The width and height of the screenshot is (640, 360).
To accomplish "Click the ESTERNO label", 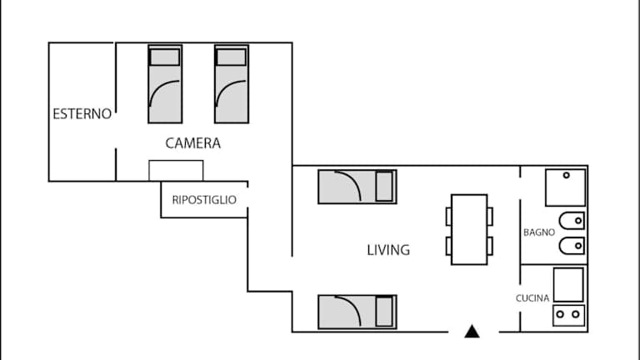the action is point(82,114).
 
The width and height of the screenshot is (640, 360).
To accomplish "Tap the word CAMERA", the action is point(193,143).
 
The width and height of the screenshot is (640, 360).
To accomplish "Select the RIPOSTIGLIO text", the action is point(204,200).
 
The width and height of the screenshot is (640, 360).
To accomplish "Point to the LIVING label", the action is point(388,250).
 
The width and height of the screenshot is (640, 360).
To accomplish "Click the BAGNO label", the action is point(539,232).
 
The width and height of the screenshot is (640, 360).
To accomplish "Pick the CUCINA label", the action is point(532,298).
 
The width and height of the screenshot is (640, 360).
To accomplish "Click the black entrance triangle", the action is point(472,332).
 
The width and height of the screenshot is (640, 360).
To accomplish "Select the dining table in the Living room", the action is point(469,229).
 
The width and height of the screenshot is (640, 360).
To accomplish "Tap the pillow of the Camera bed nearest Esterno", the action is point(165,57).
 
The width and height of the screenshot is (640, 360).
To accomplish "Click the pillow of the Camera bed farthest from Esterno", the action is point(232,57).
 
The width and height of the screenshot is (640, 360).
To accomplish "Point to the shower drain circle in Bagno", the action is point(566,175).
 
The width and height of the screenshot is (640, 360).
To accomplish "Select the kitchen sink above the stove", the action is point(568,284).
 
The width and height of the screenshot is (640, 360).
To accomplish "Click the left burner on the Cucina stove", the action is point(560,314).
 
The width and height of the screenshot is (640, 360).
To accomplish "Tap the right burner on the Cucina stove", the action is point(576,314).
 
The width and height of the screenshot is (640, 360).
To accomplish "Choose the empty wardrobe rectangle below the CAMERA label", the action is point(176,170).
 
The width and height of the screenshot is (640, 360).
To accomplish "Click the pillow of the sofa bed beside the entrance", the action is point(384,312).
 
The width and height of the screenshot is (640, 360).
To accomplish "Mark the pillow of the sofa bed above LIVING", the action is point(384,187).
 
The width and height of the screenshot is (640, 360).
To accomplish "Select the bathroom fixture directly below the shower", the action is point(572,221).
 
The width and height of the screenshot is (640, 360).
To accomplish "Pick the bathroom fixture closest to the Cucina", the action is point(572,246).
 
